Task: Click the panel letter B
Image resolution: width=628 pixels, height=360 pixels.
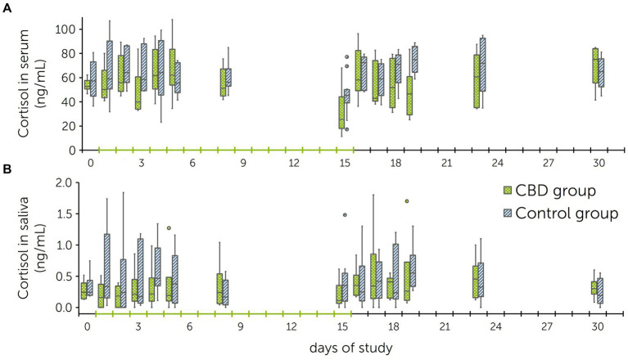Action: [7, 173]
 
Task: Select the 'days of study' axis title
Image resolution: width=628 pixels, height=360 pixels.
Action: [351, 347]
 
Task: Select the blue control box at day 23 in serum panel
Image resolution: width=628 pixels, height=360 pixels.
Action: [482, 64]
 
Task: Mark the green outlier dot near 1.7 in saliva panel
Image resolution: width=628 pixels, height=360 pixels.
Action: [407, 200]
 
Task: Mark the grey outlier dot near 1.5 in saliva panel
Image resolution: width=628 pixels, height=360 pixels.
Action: [345, 215]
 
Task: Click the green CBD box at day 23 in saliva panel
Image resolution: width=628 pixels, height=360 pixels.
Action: [475, 281]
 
